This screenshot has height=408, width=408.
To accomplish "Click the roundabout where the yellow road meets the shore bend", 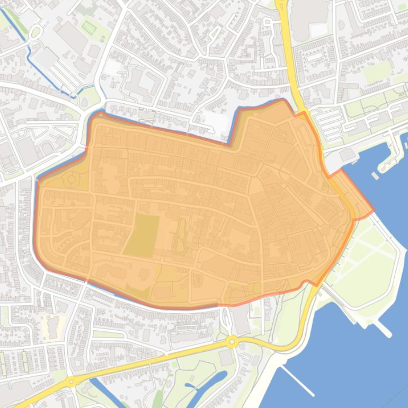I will tap(231, 342).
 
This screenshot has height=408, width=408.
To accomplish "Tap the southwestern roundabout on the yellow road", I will tap(71, 382).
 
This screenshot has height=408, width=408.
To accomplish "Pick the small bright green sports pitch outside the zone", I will tap(89, 26).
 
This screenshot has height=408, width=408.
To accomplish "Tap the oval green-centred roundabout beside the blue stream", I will tap(35, 33).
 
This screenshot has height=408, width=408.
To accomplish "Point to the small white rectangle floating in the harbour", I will tap(375, 175).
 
